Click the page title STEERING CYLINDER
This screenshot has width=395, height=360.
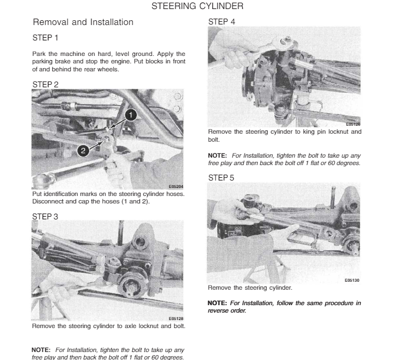coord(197,6)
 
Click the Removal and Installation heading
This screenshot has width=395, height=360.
coord(83,22)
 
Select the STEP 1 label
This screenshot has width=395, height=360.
coord(45,38)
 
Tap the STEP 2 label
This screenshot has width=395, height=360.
coord(45,85)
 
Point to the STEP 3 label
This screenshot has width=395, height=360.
coord(45,217)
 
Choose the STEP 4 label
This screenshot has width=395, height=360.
coord(221,22)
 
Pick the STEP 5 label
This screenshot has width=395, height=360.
coord(221,178)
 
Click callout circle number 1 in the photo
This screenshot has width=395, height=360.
coord(131,114)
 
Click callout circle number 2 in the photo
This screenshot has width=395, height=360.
coord(83,151)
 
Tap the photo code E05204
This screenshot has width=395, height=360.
coord(176,187)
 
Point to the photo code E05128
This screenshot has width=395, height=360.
coord(176,318)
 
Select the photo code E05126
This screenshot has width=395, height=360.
coord(352,124)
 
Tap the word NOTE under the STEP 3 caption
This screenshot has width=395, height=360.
coord(42,350)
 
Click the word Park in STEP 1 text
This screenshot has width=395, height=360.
coord(38,54)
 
